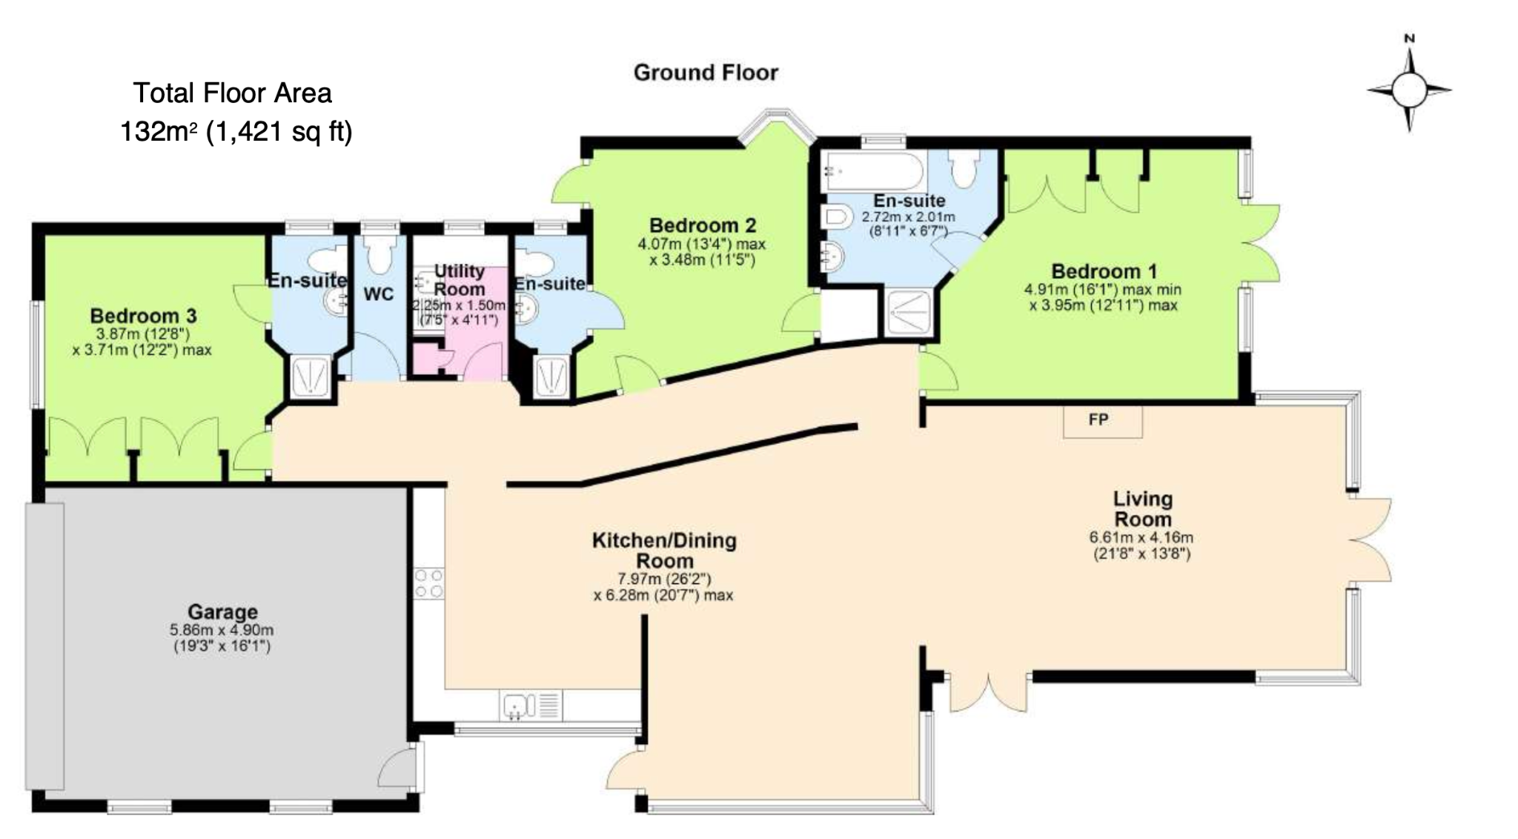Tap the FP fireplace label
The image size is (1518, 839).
tap(1098, 419)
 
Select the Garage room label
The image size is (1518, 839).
tap(222, 611)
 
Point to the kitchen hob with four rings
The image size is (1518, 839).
tap(429, 583)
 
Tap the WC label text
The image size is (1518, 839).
tap(379, 294)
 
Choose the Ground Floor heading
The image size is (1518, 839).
tap(706, 73)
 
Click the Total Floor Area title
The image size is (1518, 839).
tap(233, 93)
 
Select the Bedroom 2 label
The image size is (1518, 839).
tap(703, 225)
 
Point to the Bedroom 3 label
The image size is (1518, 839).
tap(144, 316)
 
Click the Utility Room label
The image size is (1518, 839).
tap(460, 280)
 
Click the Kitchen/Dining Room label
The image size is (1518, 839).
tap(664, 551)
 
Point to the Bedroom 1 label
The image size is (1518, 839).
tap(1104, 271)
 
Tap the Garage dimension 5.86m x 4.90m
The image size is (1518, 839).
tap(222, 630)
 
